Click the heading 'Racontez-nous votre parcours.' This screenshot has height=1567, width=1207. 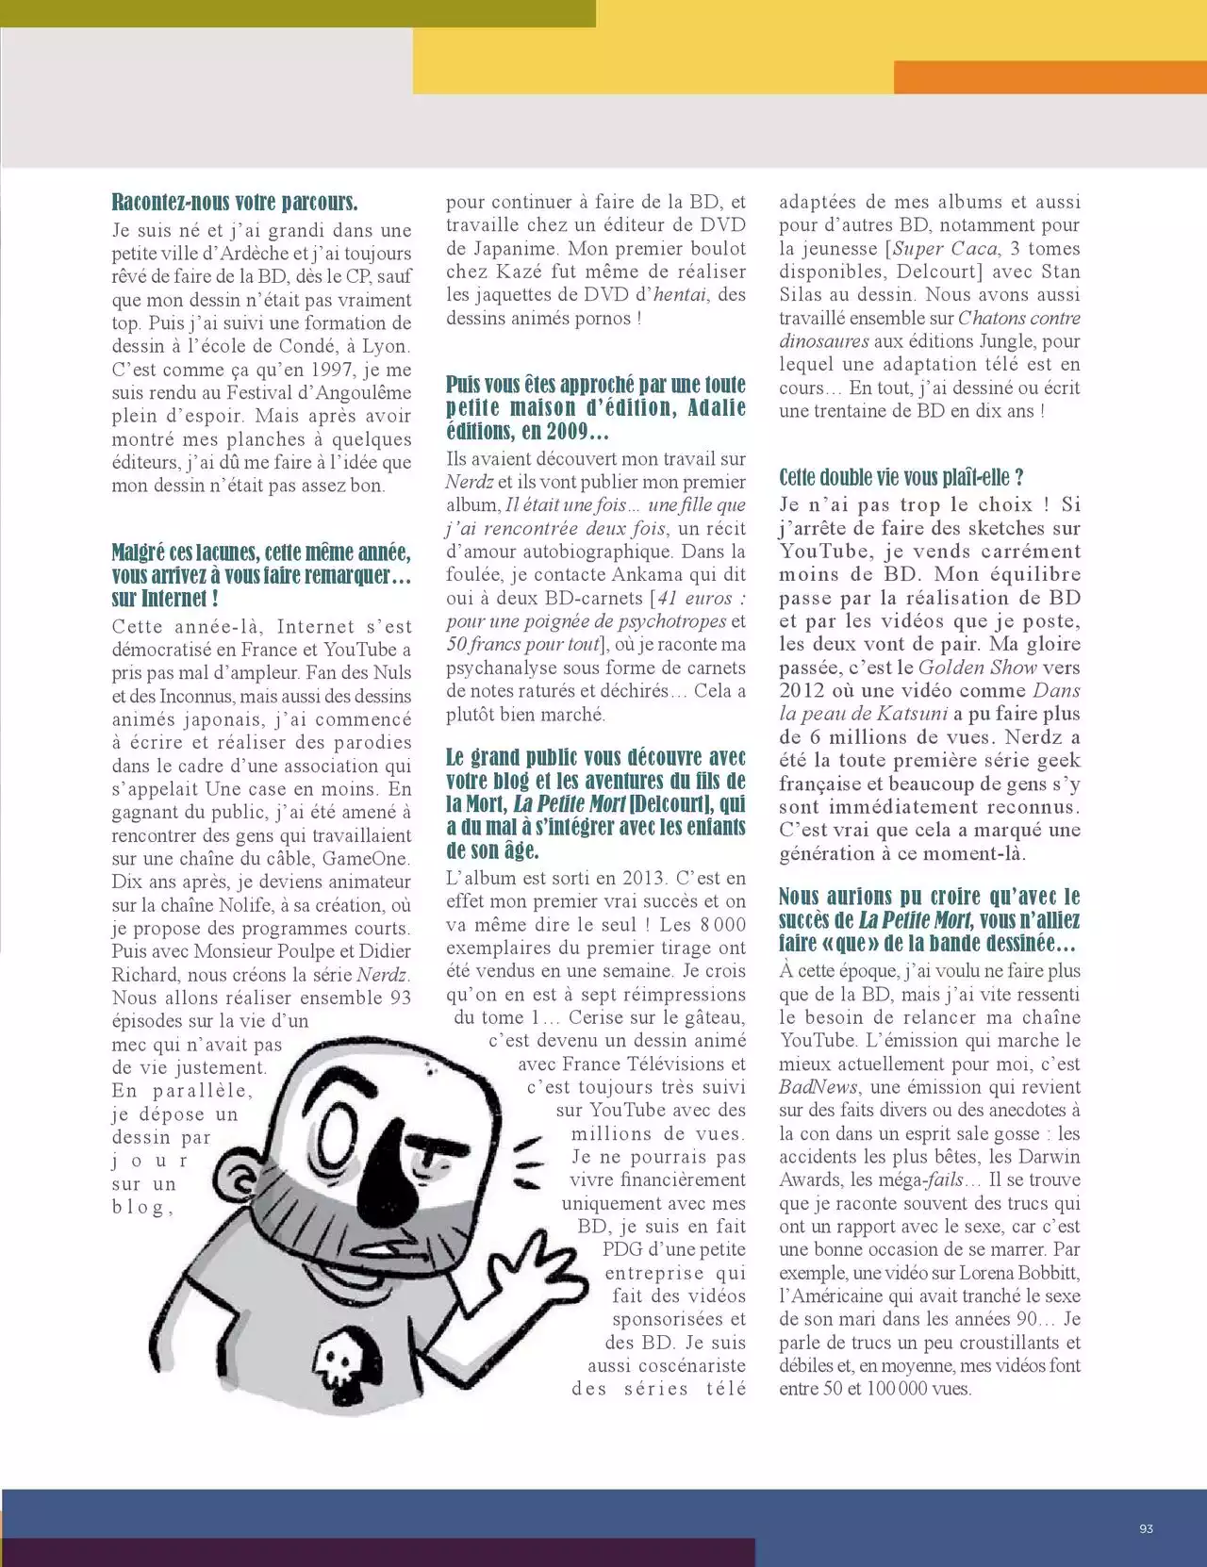235,203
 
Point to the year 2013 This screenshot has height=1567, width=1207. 643,878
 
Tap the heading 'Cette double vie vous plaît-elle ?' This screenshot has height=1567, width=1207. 901,477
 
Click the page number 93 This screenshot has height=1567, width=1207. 1146,1528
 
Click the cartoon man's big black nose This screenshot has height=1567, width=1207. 385,1175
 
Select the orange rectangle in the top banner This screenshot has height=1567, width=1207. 1050,77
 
